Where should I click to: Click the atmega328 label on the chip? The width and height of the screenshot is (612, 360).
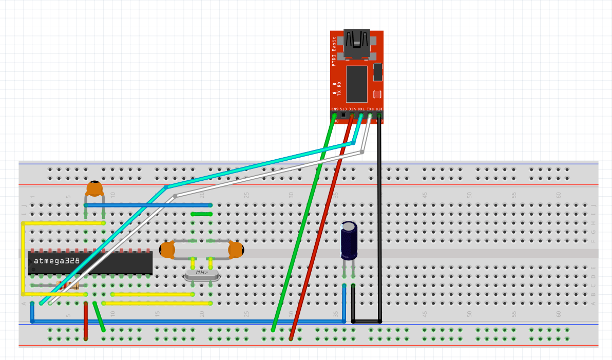tap(56, 260)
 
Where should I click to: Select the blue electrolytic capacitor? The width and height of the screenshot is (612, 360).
tap(349, 240)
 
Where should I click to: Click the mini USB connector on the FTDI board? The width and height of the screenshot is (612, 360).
tap(356, 43)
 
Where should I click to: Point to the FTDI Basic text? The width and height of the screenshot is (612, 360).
tap(334, 51)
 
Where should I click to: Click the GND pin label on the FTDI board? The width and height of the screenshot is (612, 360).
tap(334, 109)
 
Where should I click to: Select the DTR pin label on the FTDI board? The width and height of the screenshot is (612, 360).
tap(379, 109)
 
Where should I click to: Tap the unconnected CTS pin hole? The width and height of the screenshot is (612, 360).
tap(343, 115)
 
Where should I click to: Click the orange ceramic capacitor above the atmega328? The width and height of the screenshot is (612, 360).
tap(94, 188)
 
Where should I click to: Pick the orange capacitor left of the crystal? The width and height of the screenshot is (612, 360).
tap(167, 250)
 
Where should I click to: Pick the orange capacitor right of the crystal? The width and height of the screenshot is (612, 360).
tap(236, 250)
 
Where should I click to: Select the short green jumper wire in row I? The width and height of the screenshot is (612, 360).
tap(201, 214)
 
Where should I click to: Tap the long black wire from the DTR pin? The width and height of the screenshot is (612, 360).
tap(379, 221)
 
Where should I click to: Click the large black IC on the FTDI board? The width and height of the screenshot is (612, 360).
tap(356, 83)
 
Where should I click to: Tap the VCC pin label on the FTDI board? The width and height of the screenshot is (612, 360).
tap(352, 109)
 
